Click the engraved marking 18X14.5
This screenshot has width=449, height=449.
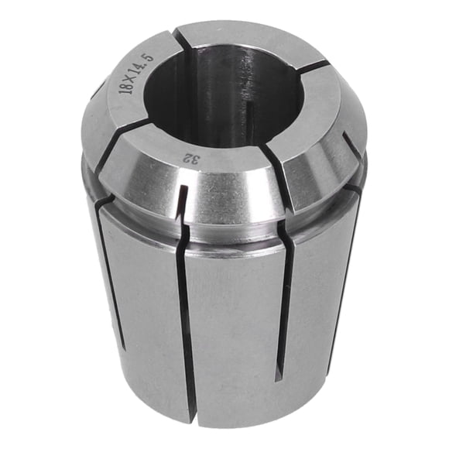(x=136, y=74)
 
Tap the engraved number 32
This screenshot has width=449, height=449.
(x=191, y=159)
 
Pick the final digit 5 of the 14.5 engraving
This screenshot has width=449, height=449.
(x=149, y=57)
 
